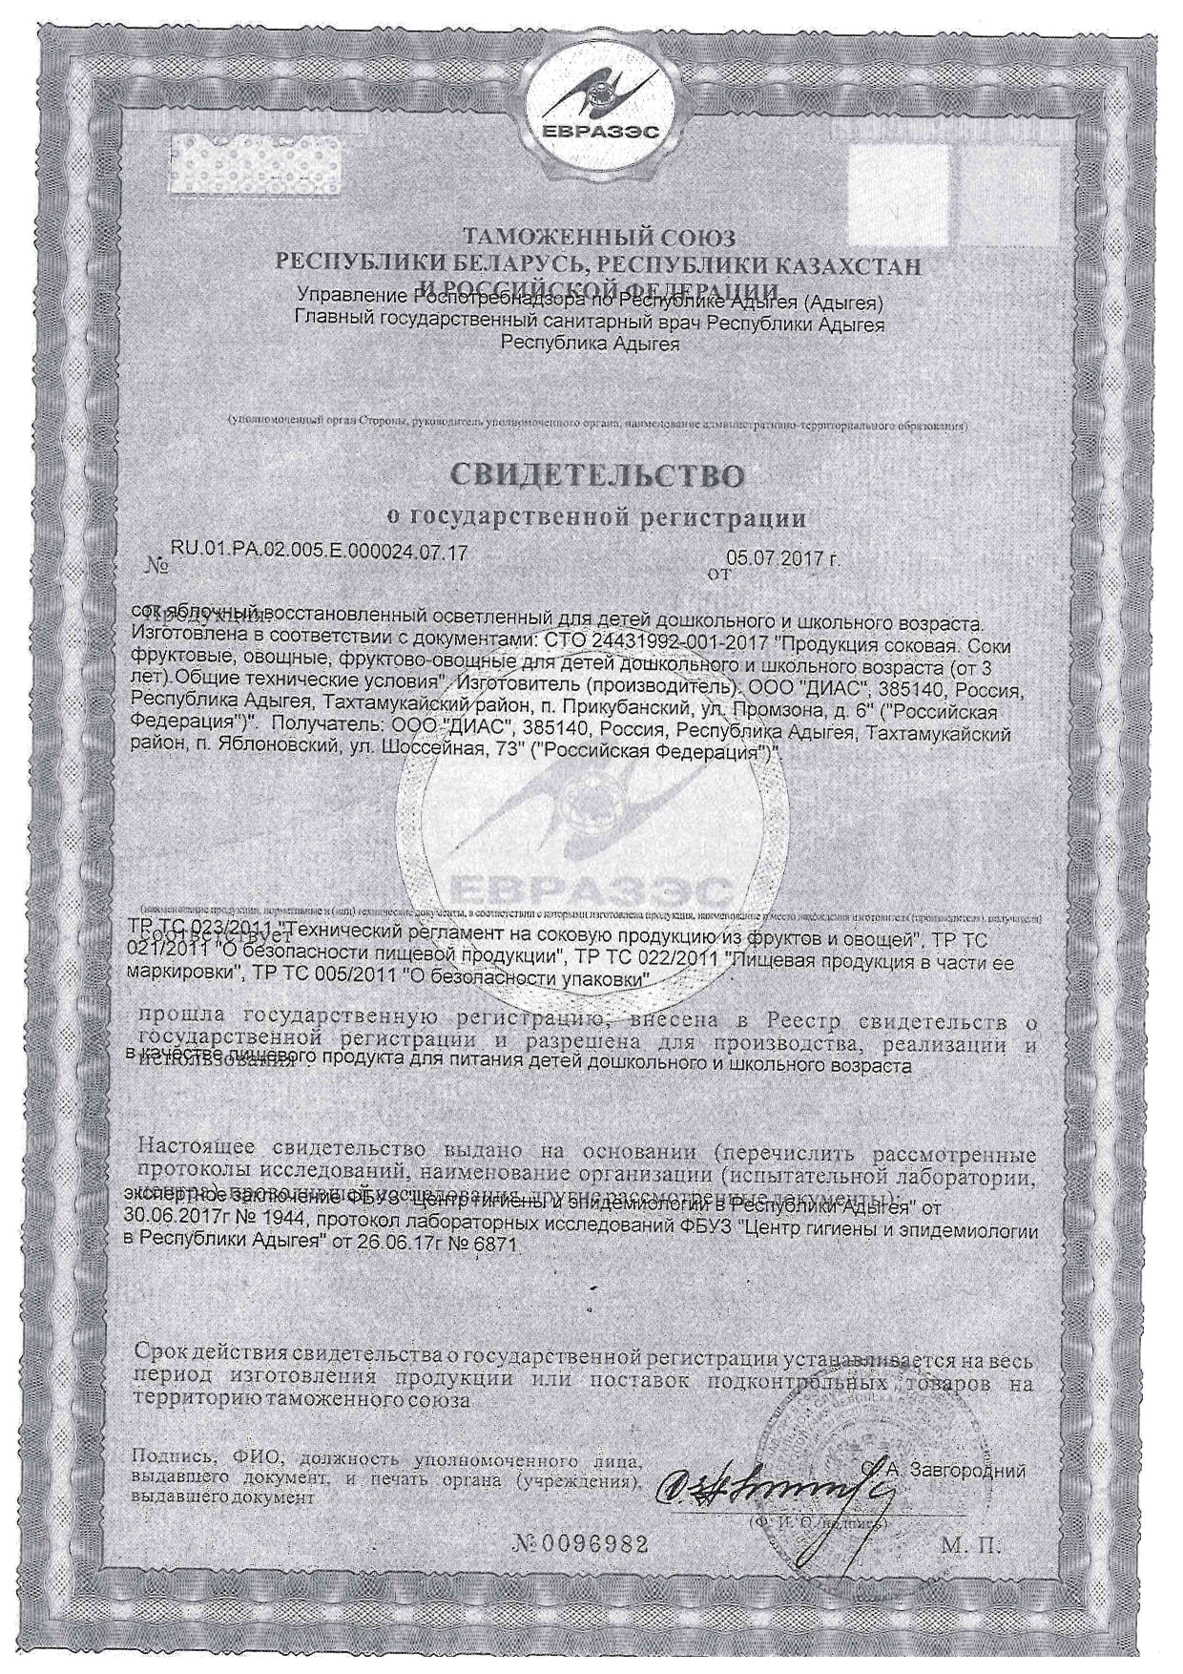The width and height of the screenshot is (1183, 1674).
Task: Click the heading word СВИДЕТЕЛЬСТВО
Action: coord(595,474)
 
